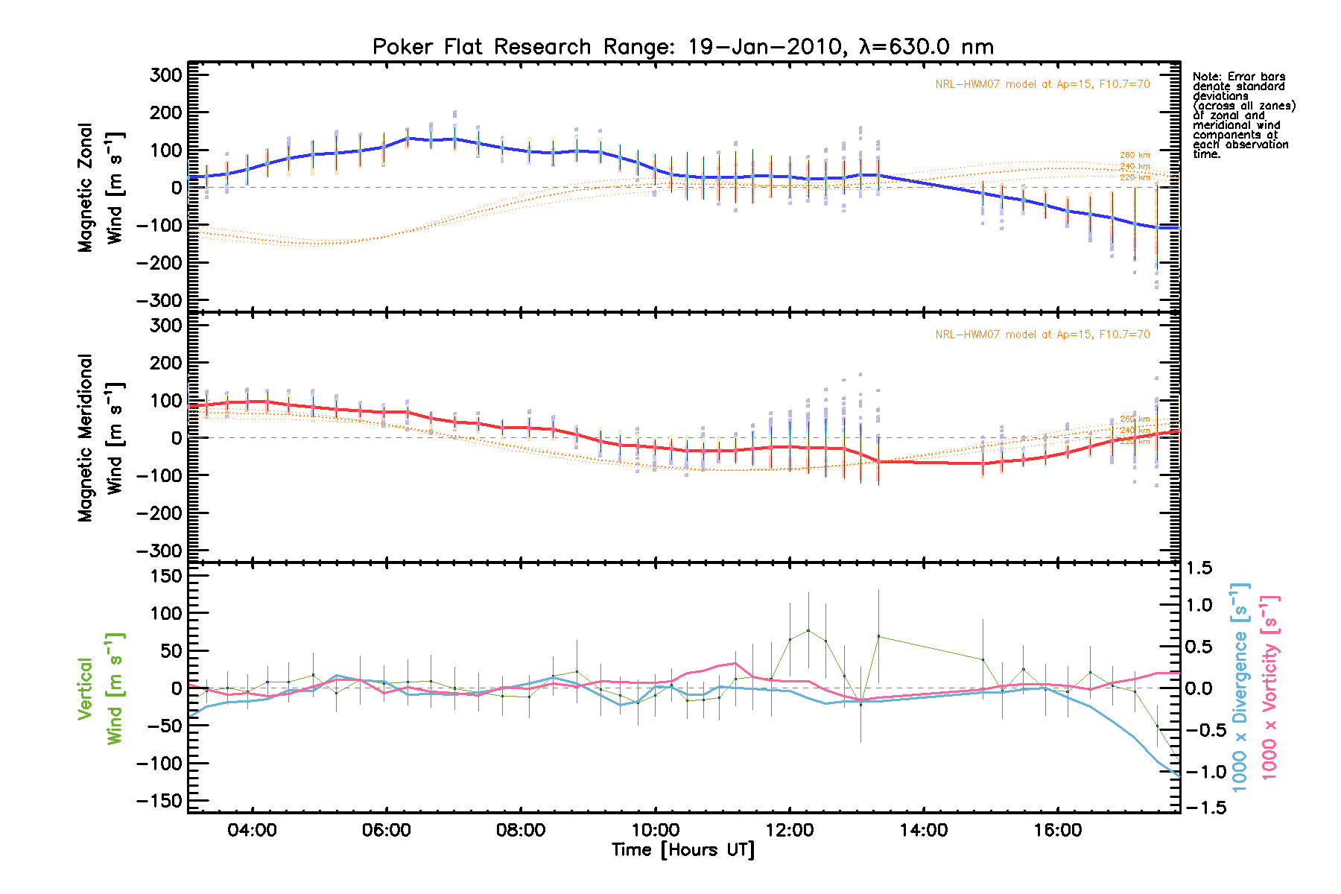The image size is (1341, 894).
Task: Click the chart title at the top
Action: tap(682, 47)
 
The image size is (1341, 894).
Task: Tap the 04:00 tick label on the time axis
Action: tap(252, 830)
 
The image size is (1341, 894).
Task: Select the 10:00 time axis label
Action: tap(655, 830)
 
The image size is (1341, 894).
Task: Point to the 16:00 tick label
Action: tap(1058, 830)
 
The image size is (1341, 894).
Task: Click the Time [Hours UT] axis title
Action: tap(682, 850)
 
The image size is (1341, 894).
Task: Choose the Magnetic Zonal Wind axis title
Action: tap(100, 188)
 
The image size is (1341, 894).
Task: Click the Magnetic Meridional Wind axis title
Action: tap(100, 438)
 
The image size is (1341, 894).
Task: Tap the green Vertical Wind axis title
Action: tap(100, 688)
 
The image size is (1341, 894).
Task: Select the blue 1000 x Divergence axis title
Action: tap(1240, 687)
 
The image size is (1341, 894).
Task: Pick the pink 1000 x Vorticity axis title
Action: tap(1269, 687)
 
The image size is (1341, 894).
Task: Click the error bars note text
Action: tap(1243, 115)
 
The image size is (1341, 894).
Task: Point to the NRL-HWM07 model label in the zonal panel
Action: tap(1042, 84)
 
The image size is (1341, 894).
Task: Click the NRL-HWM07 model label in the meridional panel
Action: tap(1042, 335)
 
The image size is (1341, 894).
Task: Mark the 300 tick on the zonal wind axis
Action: tap(165, 74)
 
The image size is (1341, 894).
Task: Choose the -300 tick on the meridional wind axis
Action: tap(159, 551)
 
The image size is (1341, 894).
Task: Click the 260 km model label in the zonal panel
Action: tap(1135, 155)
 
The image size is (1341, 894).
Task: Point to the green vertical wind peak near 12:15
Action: tap(808, 630)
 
